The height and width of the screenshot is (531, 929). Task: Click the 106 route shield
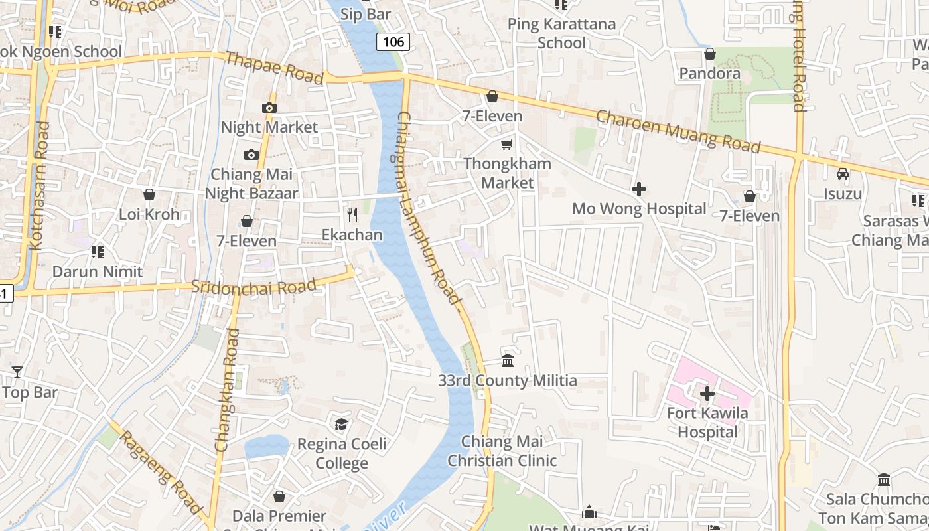tap(393, 42)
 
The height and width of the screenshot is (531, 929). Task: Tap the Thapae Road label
tap(274, 68)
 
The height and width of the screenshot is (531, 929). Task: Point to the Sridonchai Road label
tap(253, 287)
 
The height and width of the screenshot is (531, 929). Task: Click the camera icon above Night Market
tap(269, 108)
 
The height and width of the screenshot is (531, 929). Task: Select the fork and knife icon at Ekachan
tap(352, 215)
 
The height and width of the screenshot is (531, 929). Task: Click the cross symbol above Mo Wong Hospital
tap(639, 190)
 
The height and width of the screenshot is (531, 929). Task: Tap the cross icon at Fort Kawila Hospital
tap(707, 394)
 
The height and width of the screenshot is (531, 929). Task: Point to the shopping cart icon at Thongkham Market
tap(507, 144)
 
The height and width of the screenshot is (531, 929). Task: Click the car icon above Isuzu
tap(843, 174)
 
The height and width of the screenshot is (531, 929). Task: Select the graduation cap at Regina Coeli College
tap(342, 424)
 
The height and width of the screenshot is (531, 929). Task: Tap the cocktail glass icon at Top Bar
tap(17, 372)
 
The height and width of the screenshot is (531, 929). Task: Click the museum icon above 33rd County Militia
tap(508, 361)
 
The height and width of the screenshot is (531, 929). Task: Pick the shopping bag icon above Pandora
tap(710, 54)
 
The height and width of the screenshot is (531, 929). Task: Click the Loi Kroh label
tap(149, 214)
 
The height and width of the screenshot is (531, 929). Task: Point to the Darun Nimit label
tap(98, 271)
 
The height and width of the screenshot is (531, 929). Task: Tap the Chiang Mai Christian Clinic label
tap(502, 451)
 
